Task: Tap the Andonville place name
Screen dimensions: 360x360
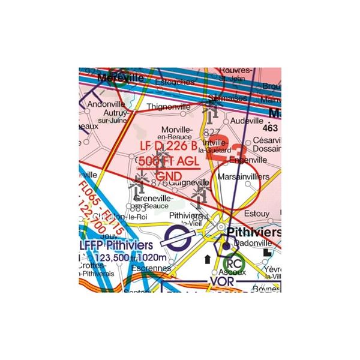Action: (97, 103)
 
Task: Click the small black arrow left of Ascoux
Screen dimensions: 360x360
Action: (207, 259)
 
